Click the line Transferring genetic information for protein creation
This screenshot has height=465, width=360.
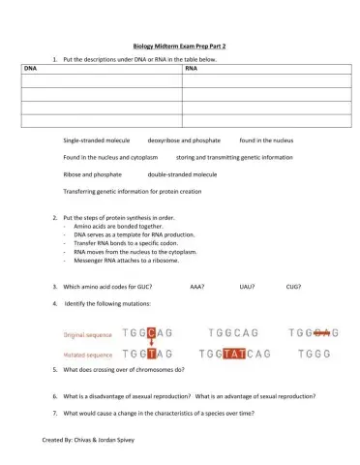[x=133, y=191]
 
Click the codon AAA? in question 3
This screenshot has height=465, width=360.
[x=197, y=287]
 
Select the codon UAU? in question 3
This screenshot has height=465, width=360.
[x=246, y=287]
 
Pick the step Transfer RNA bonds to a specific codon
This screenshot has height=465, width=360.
[x=130, y=243]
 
